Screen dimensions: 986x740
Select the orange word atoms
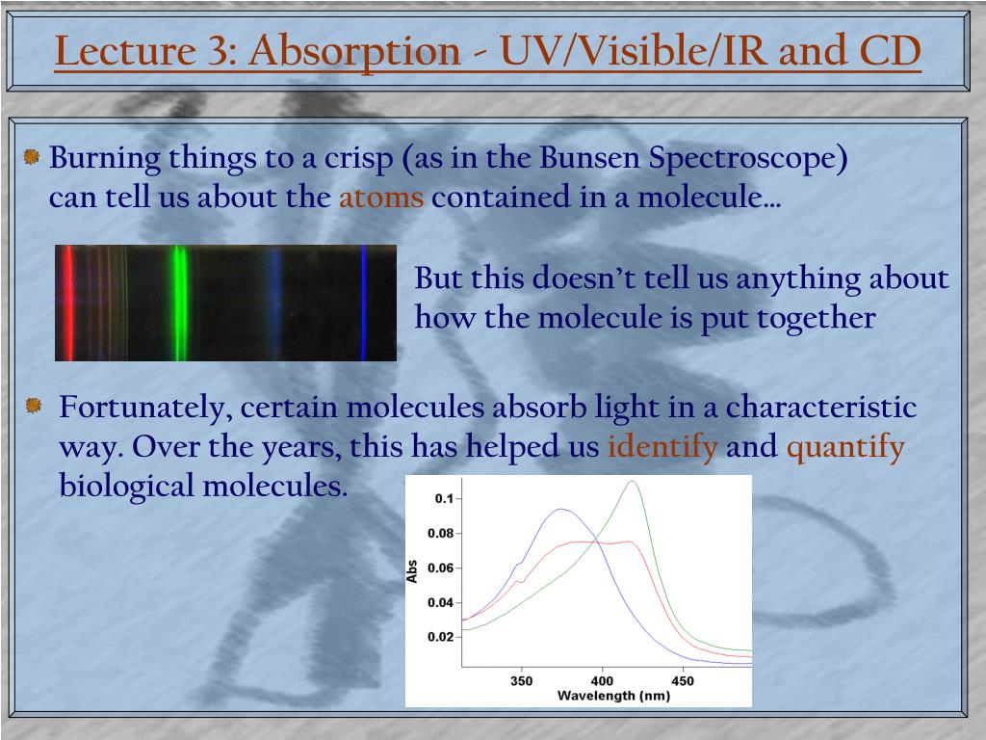pos(381,198)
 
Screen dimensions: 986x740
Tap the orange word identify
pos(662,447)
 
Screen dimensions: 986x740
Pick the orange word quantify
pos(845,447)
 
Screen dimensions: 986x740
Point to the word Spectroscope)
pos(747,159)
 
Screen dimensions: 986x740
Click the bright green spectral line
pos(180,303)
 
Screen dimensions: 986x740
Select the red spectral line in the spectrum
pos(67,303)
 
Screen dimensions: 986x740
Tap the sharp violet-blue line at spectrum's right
pos(363,303)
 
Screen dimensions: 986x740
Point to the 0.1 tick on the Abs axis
pos(444,499)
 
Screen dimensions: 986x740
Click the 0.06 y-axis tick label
pos(440,568)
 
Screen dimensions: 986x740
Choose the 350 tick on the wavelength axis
pos(521,681)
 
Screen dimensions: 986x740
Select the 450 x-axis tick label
pos(683,681)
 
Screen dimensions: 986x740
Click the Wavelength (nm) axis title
pos(613,696)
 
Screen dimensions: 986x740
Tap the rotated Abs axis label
pos(412,571)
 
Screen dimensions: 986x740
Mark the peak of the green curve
pos(633,482)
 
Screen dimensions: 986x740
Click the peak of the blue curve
pos(560,510)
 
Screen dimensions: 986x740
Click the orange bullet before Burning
pos(32,157)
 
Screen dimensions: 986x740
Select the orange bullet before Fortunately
pos(34,406)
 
